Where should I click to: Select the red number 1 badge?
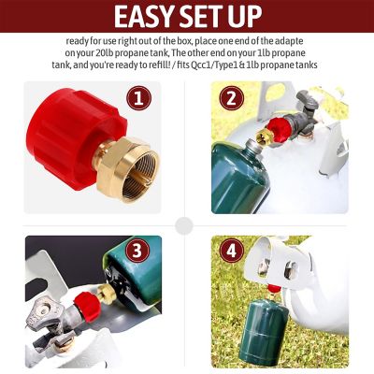tap(138, 98)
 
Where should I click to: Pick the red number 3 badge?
tap(138, 252)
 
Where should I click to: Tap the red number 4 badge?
tap(230, 252)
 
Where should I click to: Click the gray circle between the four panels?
tap(186, 225)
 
